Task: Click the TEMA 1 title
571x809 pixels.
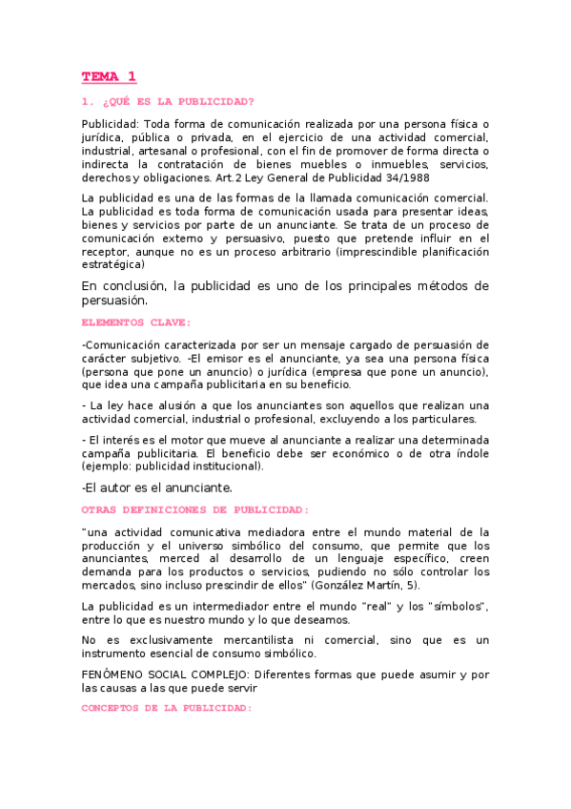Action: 109,76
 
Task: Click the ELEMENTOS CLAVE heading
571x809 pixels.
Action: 136,322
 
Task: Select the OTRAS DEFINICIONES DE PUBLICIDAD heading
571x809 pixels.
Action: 195,509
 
